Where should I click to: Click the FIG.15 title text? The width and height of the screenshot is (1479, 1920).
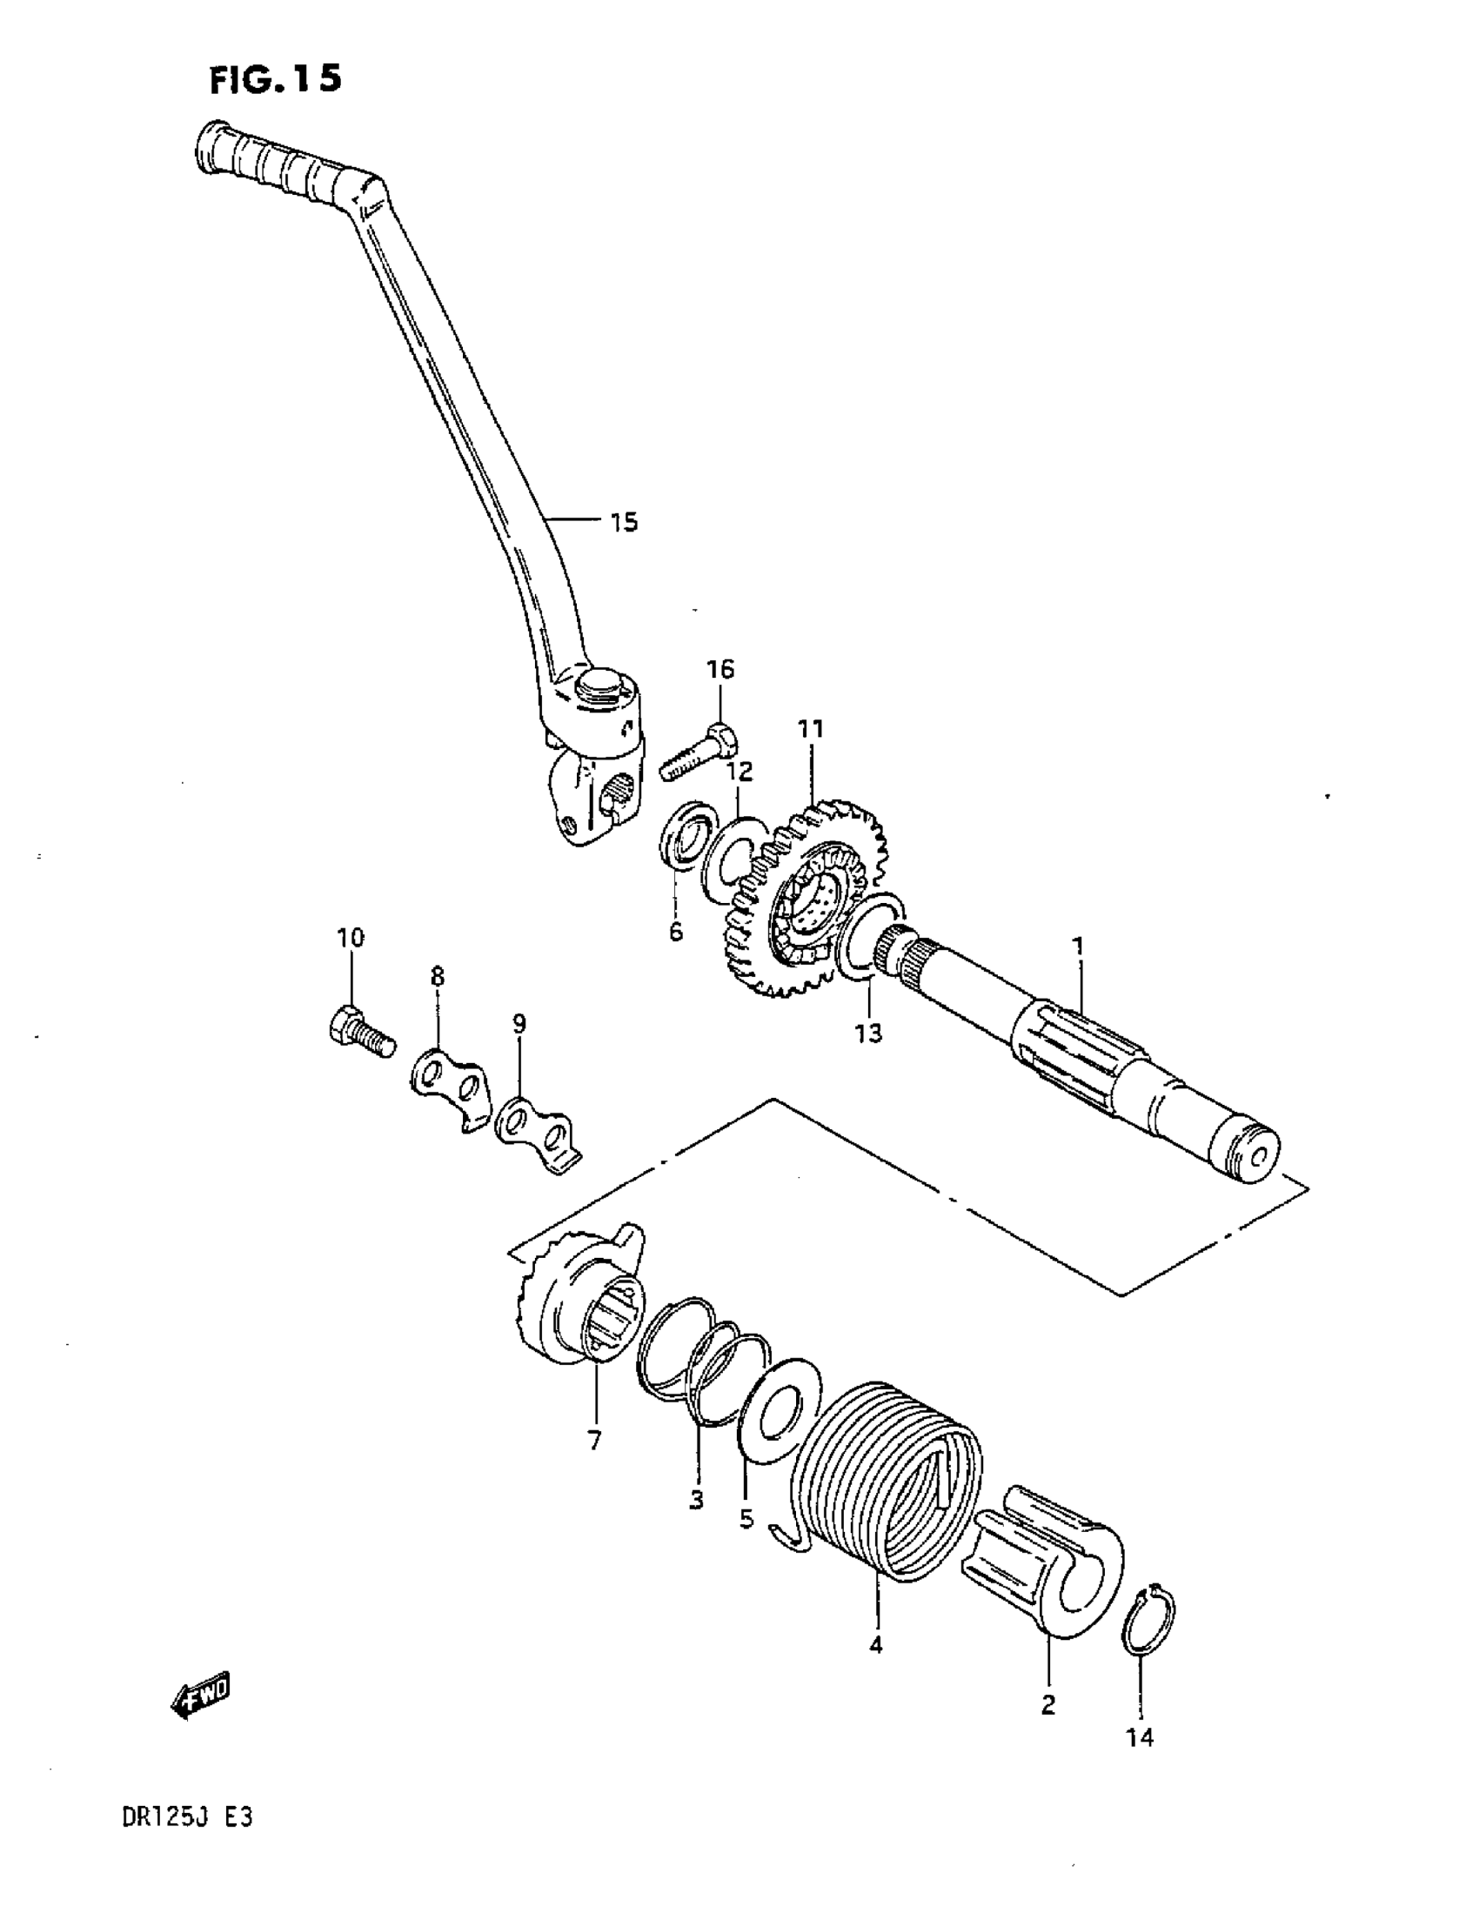(x=274, y=81)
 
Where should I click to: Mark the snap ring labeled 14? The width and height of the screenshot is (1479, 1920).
(x=1148, y=1612)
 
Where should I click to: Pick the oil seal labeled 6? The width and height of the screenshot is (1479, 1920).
(x=685, y=835)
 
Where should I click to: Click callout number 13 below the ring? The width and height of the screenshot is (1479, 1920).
(x=868, y=1033)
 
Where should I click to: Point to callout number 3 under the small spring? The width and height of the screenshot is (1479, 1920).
(x=696, y=1500)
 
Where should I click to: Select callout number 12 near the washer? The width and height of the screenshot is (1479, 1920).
(x=739, y=772)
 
